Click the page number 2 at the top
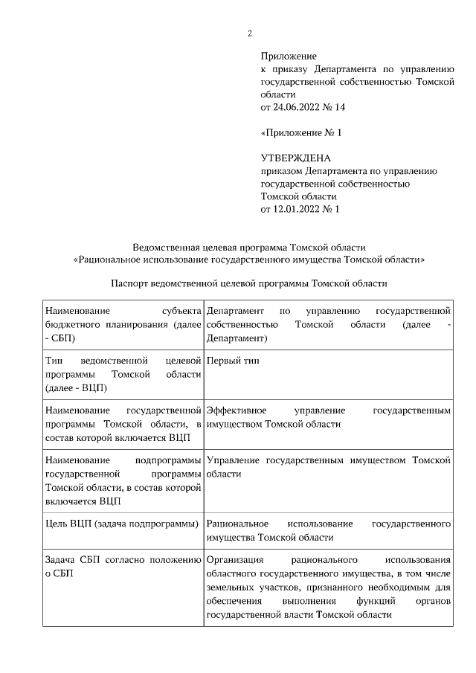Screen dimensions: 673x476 pos(250,33)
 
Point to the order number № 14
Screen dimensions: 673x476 pos(335,108)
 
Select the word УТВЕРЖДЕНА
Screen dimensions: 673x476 pos(295,158)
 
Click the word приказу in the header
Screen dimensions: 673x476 pos(287,69)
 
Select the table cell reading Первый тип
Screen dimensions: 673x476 pos(233,361)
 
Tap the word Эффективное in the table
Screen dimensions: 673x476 pos(236,410)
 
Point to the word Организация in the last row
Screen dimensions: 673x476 pos(234,560)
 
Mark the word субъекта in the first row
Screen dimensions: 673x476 pos(181,311)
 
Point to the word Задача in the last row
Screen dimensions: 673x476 pos(63,560)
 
